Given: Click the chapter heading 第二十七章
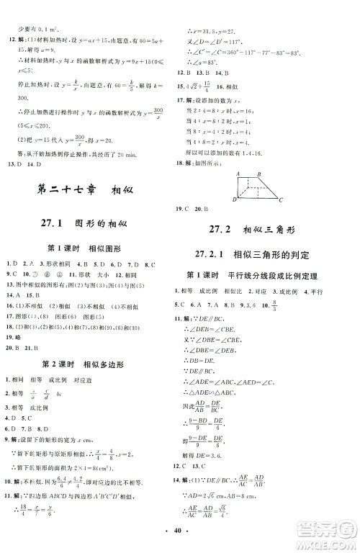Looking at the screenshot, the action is point(63,191).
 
